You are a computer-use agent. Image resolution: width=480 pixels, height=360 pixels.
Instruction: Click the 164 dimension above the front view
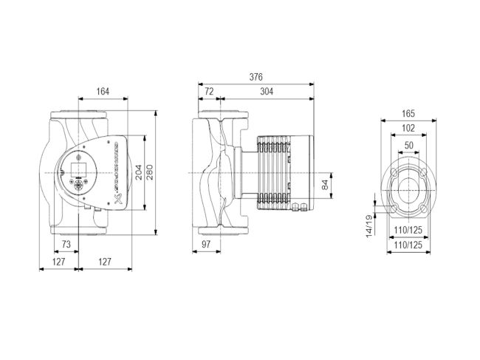(103, 92)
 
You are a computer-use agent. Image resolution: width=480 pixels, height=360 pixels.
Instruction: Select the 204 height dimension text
(138, 173)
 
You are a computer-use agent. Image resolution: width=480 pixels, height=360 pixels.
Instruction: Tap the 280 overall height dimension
(150, 173)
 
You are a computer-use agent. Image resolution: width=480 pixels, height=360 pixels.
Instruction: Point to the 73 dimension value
(66, 243)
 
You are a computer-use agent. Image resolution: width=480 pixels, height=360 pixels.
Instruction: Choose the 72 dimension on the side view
(208, 92)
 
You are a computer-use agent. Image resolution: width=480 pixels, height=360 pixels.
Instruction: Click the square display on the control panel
(83, 165)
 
